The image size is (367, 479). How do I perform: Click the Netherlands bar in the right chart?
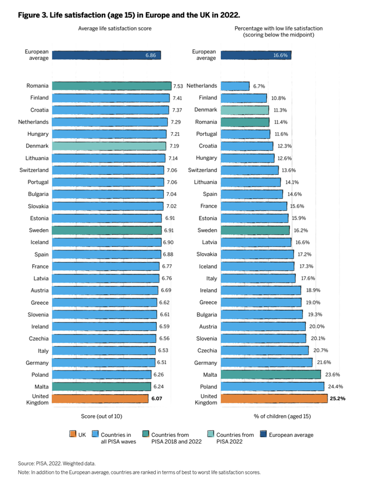tap(235, 85)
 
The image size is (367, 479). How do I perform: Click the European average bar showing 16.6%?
tap(256, 55)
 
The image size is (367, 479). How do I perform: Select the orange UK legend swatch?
tap(72, 435)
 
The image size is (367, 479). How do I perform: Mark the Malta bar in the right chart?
tap(271, 375)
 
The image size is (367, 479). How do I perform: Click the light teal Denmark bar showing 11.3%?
tap(245, 110)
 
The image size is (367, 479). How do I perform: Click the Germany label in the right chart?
tap(205, 362)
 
